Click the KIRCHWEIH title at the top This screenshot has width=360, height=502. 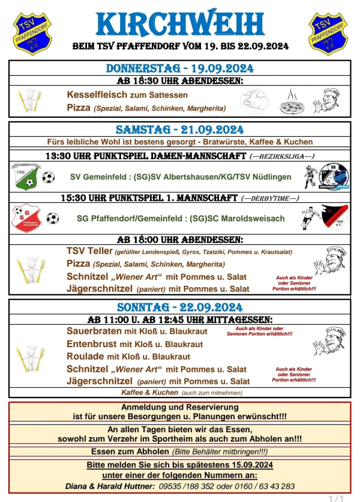tap(179, 23)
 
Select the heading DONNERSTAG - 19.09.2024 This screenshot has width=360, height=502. tap(179, 68)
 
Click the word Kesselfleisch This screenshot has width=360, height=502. tap(98, 95)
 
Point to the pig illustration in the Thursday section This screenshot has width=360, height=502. tap(255, 100)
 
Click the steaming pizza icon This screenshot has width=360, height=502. tap(292, 102)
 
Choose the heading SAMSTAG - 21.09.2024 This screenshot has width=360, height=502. tap(179, 130)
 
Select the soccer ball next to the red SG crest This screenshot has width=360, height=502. tap(53, 219)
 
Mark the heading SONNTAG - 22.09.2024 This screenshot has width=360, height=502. tap(179, 307)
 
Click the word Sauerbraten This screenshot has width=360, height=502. tap(94, 331)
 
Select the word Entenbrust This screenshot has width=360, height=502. tap(92, 344)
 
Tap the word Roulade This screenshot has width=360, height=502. tap(85, 356)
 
